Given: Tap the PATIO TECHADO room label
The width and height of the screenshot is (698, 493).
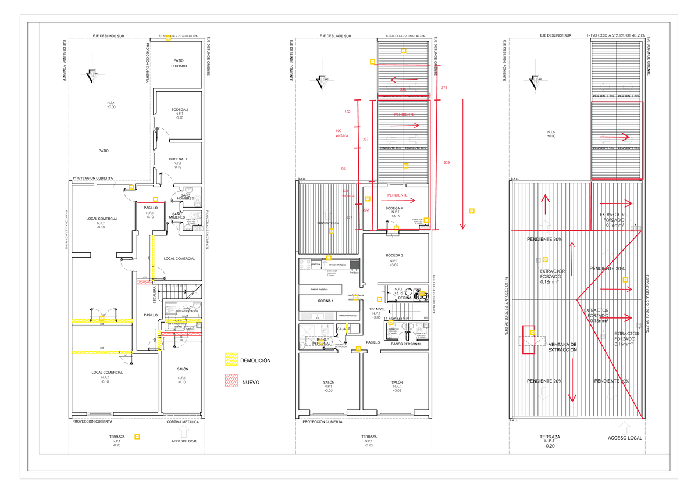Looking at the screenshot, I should click(x=179, y=63).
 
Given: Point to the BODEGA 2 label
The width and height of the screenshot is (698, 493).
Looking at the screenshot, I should click(x=179, y=109).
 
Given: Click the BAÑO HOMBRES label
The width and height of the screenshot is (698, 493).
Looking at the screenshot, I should click(x=185, y=197).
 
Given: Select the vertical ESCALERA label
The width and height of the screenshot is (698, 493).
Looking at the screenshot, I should click(x=154, y=295).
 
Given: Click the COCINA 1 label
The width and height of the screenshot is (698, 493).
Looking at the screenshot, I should click(x=325, y=301).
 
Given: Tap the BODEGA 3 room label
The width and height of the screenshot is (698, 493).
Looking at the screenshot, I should click(x=394, y=256).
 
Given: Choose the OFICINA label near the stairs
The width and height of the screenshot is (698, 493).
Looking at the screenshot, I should click(x=405, y=298).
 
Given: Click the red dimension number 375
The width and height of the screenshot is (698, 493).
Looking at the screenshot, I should click(x=444, y=87).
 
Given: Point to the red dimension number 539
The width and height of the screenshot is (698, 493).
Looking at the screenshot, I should click(x=446, y=162).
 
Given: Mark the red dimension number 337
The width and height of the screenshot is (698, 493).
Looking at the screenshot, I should click(x=365, y=140).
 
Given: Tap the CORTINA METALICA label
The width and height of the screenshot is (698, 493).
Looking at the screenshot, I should click(x=182, y=422).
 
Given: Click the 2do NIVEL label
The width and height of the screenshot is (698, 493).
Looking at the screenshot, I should click(x=376, y=309).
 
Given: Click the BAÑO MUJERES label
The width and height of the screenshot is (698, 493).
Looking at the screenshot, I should click(x=177, y=216).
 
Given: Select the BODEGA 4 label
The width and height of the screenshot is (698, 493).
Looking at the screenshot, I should click(x=394, y=208).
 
